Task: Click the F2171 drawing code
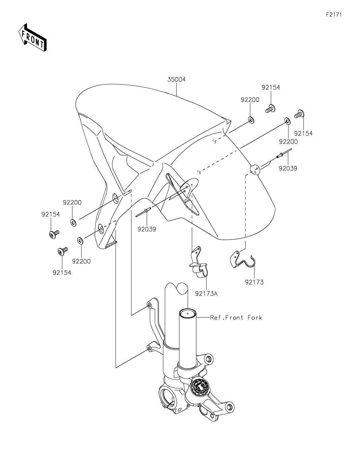[334, 15]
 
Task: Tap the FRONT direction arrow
[32, 37]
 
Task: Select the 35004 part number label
[176, 80]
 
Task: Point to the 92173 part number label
[254, 282]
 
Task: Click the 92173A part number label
[206, 294]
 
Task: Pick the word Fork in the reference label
[255, 317]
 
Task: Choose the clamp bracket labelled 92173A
[199, 262]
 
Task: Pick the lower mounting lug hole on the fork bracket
[149, 349]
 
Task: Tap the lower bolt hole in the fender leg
[101, 228]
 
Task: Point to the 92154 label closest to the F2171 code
[271, 87]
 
